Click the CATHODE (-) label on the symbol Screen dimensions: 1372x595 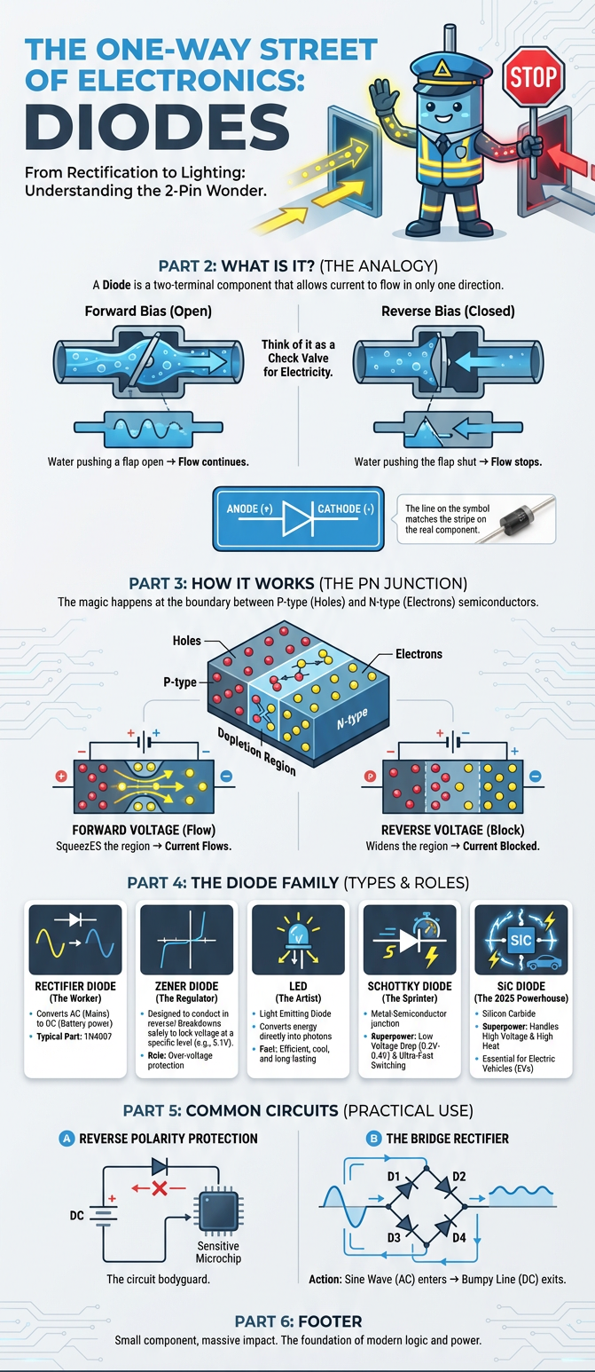[x=346, y=509]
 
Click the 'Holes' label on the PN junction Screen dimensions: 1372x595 [x=186, y=640]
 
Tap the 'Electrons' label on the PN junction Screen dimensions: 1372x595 [x=418, y=655]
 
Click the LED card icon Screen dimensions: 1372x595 [x=298, y=940]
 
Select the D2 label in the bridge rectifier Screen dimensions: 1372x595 [x=458, y=1177]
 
